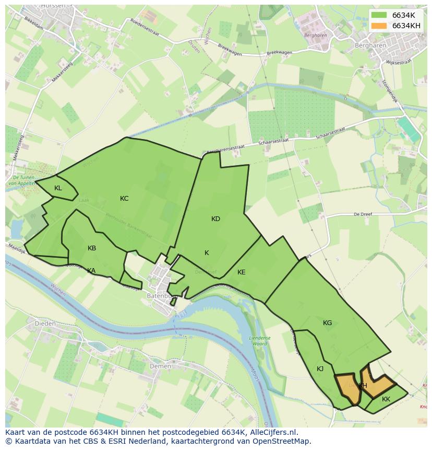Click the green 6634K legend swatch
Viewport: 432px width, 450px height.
point(379,15)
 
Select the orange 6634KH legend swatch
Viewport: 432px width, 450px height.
point(379,26)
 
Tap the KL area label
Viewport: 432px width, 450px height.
point(58,188)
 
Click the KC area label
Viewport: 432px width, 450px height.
point(124,199)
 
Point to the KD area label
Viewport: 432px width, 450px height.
point(215,219)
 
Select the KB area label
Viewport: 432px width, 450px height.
point(92,248)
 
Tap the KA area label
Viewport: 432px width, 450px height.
point(91,271)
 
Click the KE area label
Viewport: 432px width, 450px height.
point(241,272)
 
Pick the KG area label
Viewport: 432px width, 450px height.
point(327,323)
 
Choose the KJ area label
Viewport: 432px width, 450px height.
point(320,369)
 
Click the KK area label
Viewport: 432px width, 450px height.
point(386,399)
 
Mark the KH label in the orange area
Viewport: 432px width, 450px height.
point(363,386)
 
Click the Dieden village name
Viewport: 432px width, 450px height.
point(44,324)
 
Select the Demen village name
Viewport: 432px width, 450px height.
point(160,366)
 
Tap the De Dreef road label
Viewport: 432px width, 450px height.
point(362,214)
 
